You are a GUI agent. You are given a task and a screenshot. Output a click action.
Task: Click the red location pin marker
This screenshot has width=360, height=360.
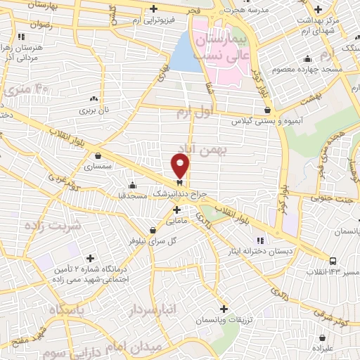pos(180,165)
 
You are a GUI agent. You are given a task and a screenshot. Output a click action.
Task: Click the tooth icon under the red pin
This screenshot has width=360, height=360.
pos(180,181)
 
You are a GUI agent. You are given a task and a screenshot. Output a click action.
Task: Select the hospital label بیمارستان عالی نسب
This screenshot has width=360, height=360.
pos(221,40)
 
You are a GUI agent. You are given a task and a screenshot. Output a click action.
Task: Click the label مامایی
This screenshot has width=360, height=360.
pos(176,221)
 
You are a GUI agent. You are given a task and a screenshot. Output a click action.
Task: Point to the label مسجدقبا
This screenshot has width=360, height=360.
pos(133,194)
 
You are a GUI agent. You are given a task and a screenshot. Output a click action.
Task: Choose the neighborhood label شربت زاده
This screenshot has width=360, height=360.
pos(52,226)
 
